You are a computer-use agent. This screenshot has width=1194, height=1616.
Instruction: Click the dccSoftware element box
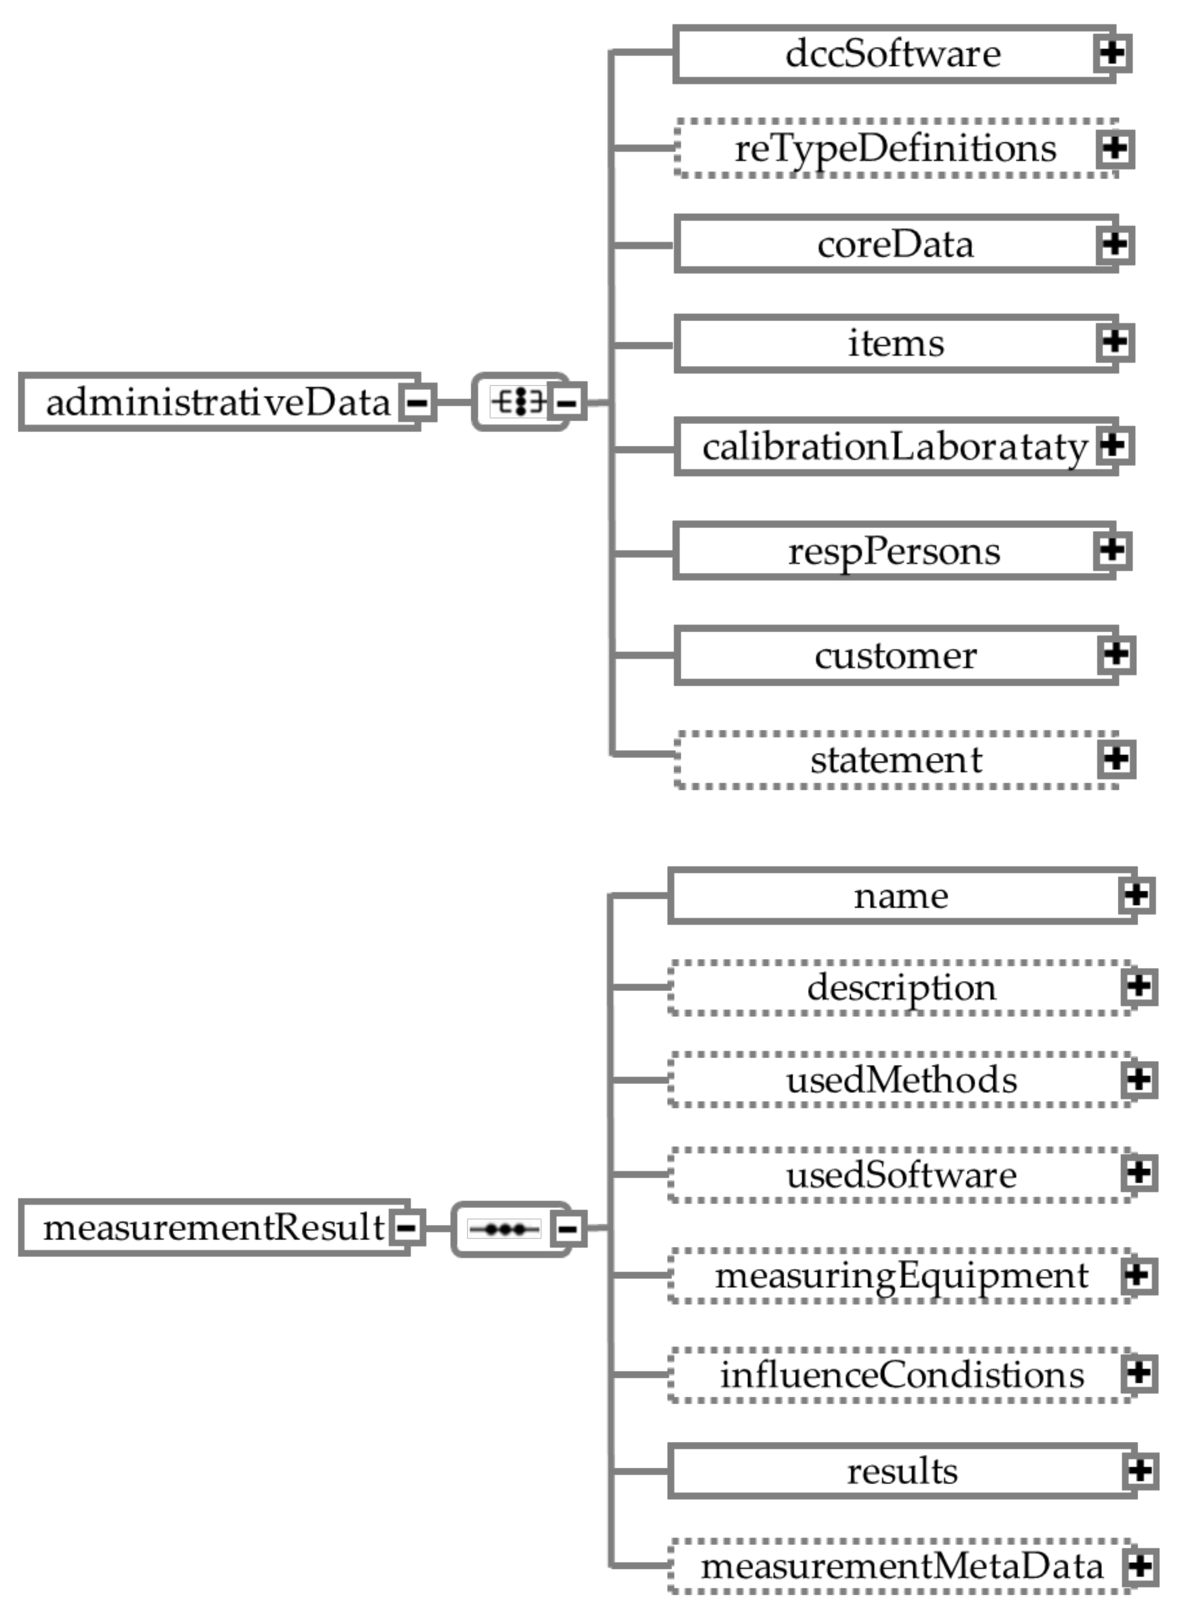(x=893, y=54)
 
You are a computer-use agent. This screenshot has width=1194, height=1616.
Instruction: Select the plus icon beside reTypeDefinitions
(x=1115, y=149)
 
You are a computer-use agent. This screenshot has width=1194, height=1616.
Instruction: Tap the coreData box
(x=895, y=244)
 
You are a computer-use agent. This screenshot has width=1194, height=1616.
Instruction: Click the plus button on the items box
(x=1115, y=342)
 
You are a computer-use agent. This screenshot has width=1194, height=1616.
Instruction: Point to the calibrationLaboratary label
(x=895, y=447)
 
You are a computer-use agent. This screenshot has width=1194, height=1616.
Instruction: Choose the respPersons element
(x=893, y=551)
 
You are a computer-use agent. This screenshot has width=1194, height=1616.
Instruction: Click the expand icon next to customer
(x=1117, y=655)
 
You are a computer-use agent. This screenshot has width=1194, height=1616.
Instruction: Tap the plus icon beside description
(x=1139, y=987)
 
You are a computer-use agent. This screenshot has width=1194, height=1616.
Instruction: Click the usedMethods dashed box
(x=901, y=1080)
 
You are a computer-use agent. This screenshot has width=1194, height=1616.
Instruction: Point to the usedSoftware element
(x=901, y=1174)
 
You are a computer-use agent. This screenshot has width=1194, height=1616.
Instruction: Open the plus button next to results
(x=1141, y=1471)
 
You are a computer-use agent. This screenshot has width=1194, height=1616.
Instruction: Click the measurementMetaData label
(x=902, y=1567)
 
